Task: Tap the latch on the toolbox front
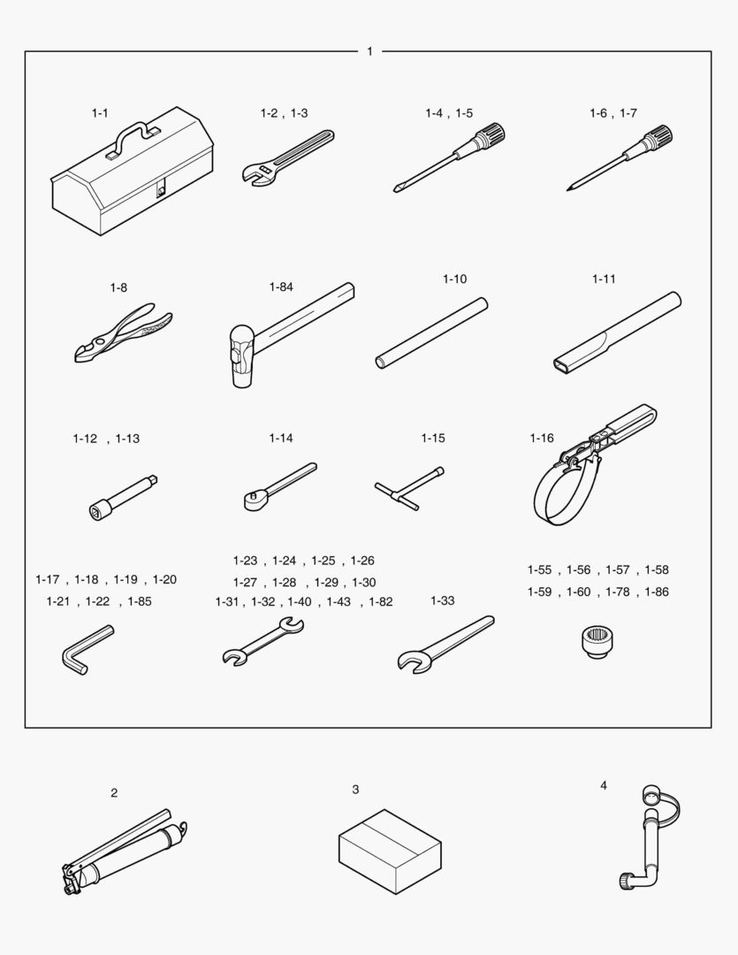[x=161, y=190]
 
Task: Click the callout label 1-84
[x=281, y=286]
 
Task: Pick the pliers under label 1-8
[x=123, y=333]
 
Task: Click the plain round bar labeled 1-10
[x=431, y=333]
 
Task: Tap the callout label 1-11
[x=604, y=279]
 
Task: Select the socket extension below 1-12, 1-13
[x=123, y=498]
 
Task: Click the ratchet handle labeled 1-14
[x=279, y=486]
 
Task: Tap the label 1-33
[x=443, y=600]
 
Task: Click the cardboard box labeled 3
[x=391, y=851]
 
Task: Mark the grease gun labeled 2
[x=125, y=852]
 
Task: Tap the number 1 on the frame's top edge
[x=369, y=52]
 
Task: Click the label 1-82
[x=381, y=602]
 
